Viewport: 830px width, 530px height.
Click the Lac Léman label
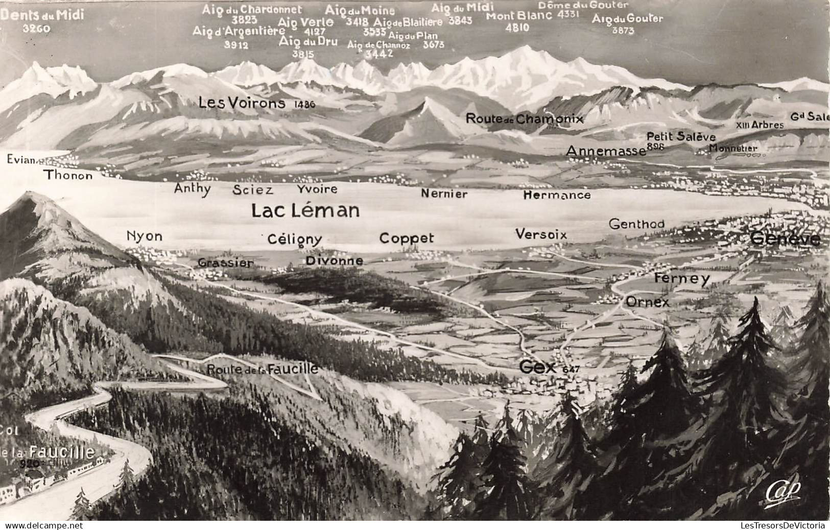[305, 211]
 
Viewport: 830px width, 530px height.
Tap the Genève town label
[786, 239]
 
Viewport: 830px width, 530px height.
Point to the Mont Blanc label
[519, 15]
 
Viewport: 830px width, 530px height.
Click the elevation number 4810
[517, 28]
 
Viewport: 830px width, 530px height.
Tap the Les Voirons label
[242, 103]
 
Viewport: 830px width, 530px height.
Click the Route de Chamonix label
[524, 119]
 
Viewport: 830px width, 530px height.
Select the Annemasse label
[606, 151]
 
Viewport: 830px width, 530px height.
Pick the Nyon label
[145, 236]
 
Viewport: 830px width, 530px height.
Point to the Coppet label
[407, 238]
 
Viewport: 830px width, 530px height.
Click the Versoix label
[541, 234]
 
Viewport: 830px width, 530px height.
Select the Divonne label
[335, 260]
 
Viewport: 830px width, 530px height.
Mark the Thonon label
[68, 176]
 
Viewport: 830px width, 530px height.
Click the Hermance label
[557, 195]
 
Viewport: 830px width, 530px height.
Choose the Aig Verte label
[305, 22]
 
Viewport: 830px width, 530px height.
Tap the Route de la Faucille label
[263, 369]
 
